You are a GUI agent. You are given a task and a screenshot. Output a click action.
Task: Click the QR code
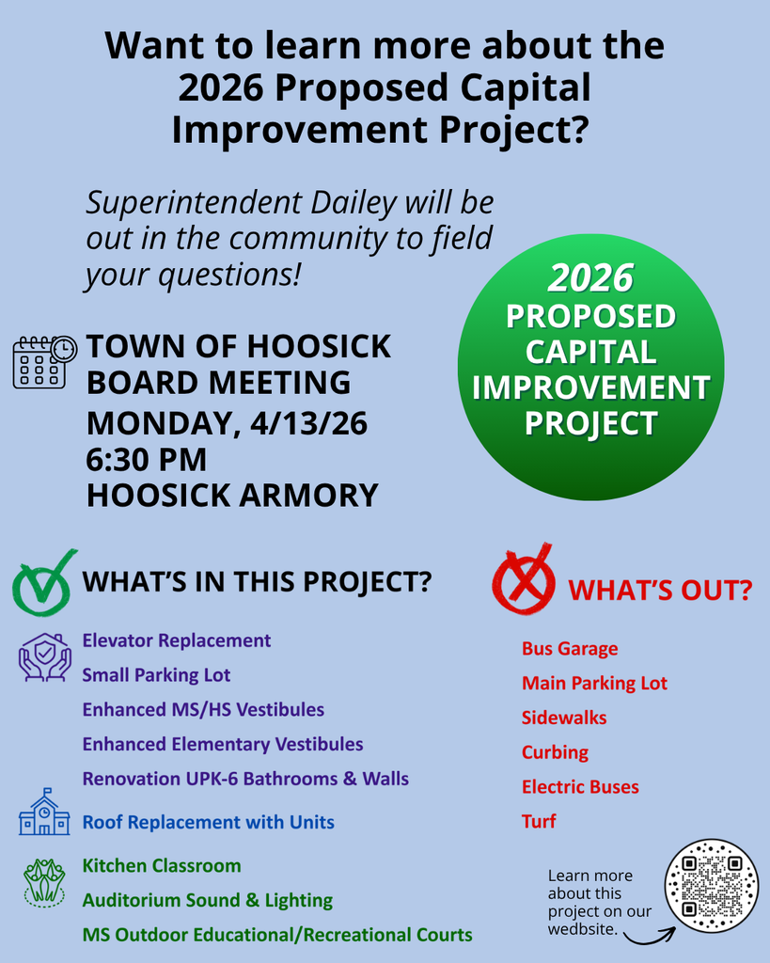pyautogui.click(x=711, y=886)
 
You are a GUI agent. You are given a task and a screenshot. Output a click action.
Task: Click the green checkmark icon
pyautogui.click(x=43, y=583)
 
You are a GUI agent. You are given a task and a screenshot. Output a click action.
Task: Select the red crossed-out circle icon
pyautogui.click(x=524, y=582)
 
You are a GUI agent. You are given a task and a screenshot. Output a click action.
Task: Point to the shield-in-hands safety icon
pyautogui.click(x=44, y=656)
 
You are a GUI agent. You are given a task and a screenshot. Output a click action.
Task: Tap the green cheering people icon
pyautogui.click(x=44, y=882)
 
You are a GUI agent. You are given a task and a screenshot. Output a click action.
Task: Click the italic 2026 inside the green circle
pyautogui.click(x=590, y=277)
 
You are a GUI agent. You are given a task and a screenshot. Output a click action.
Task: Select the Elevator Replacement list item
pyautogui.click(x=177, y=640)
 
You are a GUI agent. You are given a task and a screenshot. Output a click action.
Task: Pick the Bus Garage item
pyautogui.click(x=570, y=649)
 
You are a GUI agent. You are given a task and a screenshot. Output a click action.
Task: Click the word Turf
pyautogui.click(x=539, y=821)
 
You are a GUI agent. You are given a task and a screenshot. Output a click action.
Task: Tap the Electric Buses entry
pyautogui.click(x=580, y=787)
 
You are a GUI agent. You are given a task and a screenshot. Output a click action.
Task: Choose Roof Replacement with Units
pyautogui.click(x=208, y=822)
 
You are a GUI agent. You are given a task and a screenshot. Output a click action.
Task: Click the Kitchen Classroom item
pyautogui.click(x=162, y=865)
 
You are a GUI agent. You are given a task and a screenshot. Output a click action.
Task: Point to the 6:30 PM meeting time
pyautogui.click(x=146, y=460)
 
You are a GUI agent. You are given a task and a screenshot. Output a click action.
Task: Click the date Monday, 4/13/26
pyautogui.click(x=227, y=423)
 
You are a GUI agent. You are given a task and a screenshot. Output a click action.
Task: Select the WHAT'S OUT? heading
pyautogui.click(x=660, y=591)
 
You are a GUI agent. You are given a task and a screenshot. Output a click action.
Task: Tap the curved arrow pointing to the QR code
pyautogui.click(x=649, y=935)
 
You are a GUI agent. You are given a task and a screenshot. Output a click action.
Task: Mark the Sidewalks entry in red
pyautogui.click(x=564, y=718)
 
